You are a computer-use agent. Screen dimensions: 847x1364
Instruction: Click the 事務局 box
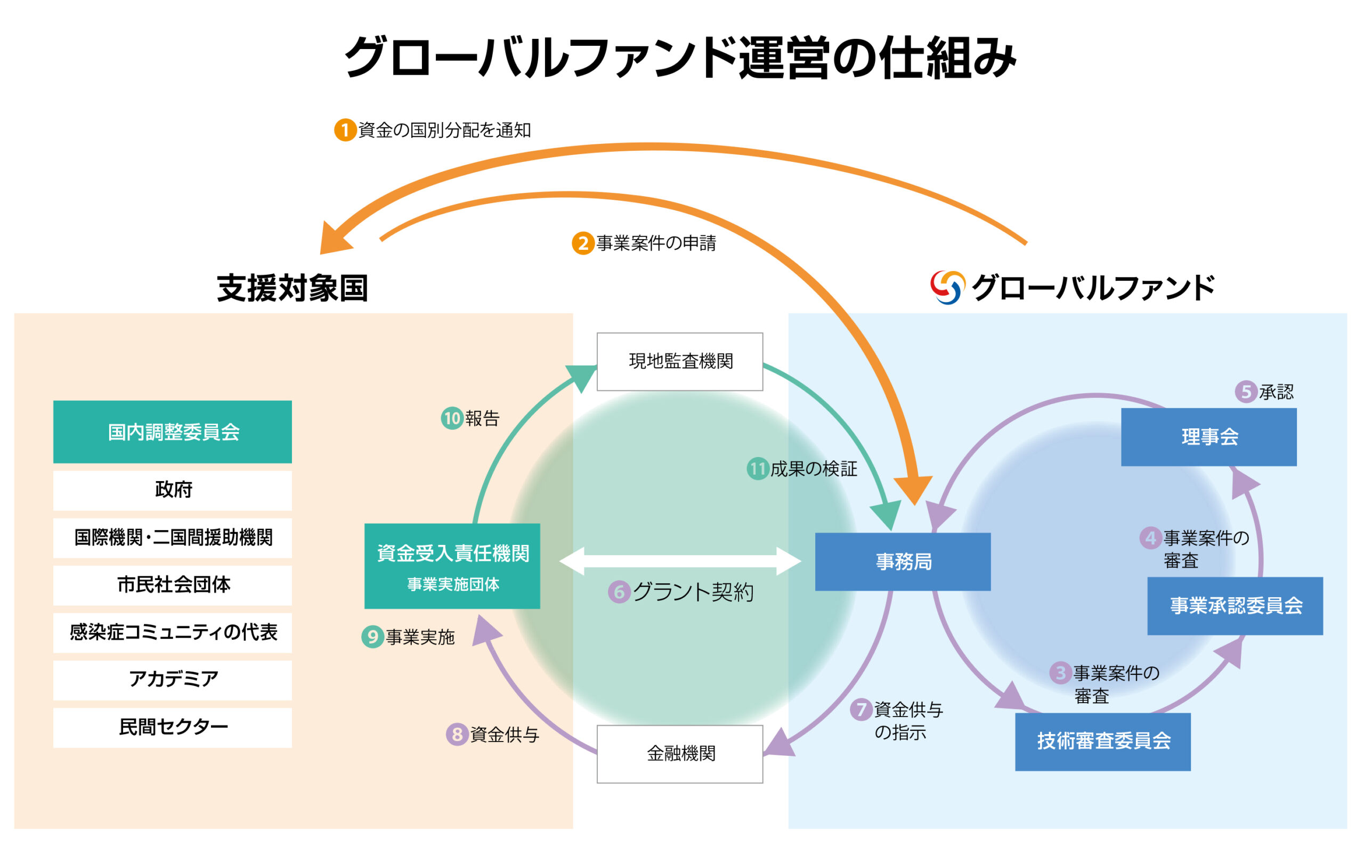tap(903, 561)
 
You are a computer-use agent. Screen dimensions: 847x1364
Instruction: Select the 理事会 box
tap(1208, 437)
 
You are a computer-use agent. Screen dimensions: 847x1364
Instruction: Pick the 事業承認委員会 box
tap(1235, 606)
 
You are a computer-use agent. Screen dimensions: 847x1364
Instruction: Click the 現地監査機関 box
tap(679, 361)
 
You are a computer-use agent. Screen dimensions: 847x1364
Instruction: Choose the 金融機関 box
tap(679, 753)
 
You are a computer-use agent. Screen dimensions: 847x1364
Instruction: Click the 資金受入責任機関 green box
tap(452, 566)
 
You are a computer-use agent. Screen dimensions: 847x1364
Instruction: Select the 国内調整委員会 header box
tap(173, 432)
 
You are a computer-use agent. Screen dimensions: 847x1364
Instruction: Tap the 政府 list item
tap(173, 490)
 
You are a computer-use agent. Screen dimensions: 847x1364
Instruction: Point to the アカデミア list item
tap(173, 680)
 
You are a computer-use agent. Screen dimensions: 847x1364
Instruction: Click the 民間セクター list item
tap(173, 727)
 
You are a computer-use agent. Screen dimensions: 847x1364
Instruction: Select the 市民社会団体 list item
tap(173, 585)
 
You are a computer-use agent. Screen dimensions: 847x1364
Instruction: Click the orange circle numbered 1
tap(345, 130)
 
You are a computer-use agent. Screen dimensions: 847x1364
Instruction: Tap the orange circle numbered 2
tap(582, 243)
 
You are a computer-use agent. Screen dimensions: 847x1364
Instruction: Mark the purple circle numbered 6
tap(619, 592)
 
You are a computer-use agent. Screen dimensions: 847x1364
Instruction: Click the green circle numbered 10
tap(451, 419)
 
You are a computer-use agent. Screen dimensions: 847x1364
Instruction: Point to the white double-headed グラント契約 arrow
tap(679, 561)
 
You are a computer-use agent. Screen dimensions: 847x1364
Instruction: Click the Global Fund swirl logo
tap(947, 287)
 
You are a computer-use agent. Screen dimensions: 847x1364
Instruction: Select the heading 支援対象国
tap(293, 289)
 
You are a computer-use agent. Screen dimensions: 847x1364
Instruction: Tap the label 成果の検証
tap(814, 469)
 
